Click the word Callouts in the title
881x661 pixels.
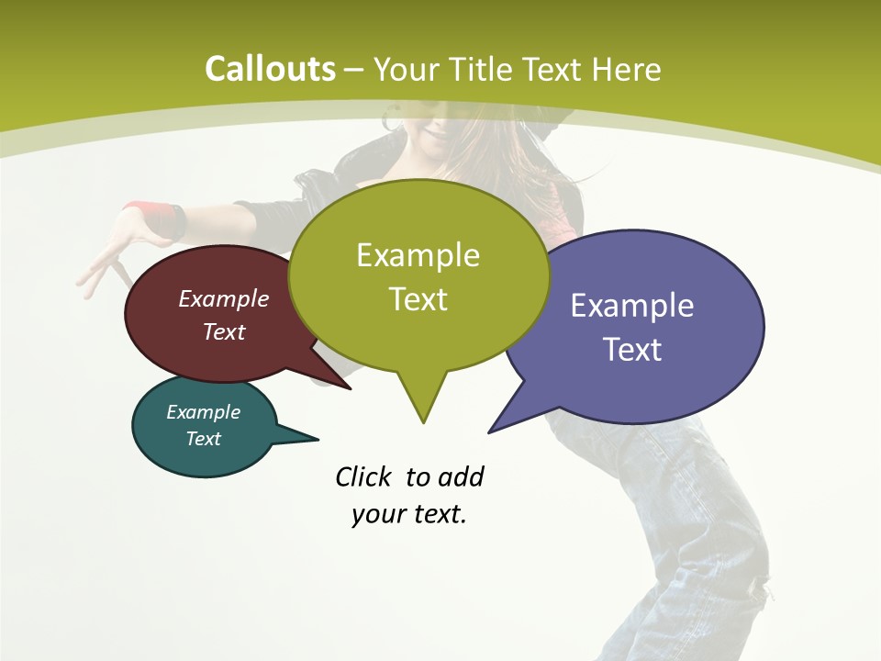[270, 69]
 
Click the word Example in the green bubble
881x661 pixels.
[418, 255]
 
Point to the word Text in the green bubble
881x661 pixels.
[418, 299]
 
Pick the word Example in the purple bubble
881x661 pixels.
[632, 306]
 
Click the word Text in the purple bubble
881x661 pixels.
[632, 350]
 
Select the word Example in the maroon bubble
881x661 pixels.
[224, 298]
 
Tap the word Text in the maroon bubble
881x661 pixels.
[224, 331]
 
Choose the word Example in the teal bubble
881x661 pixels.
[203, 412]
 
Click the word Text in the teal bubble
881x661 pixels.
[203, 439]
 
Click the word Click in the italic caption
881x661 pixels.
[364, 476]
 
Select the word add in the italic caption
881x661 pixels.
[461, 476]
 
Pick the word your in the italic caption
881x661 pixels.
[378, 514]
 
